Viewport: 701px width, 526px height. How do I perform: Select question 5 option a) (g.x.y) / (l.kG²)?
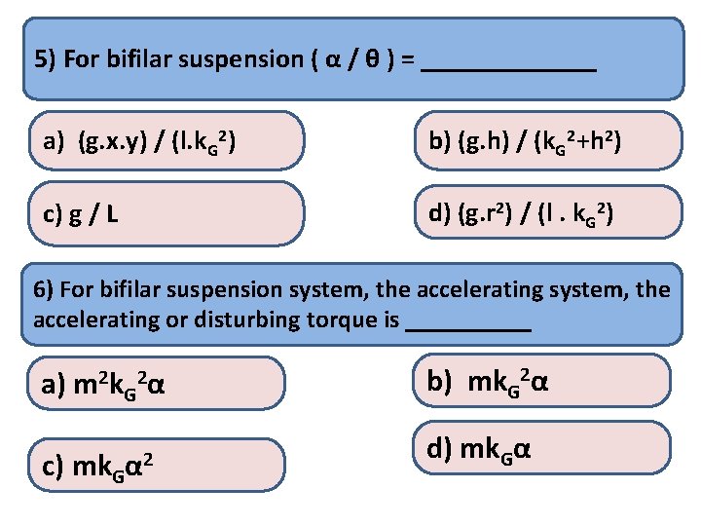[165, 143]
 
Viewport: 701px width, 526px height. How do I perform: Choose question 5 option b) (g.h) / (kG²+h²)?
[546, 143]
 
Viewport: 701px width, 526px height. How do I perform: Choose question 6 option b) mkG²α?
[546, 380]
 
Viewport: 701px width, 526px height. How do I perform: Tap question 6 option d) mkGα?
[546, 449]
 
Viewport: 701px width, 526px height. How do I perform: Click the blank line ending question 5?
[511, 66]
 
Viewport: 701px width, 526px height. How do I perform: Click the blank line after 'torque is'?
[468, 325]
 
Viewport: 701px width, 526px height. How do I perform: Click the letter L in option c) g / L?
[114, 214]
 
